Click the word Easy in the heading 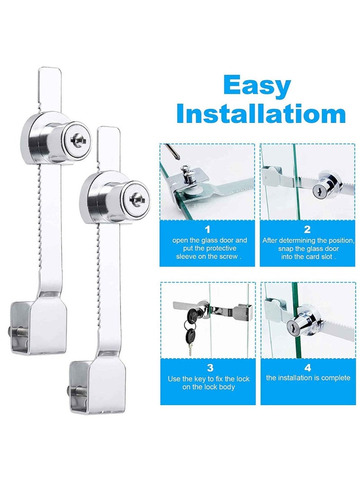256,86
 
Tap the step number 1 207,230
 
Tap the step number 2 307,230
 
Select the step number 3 209,368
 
